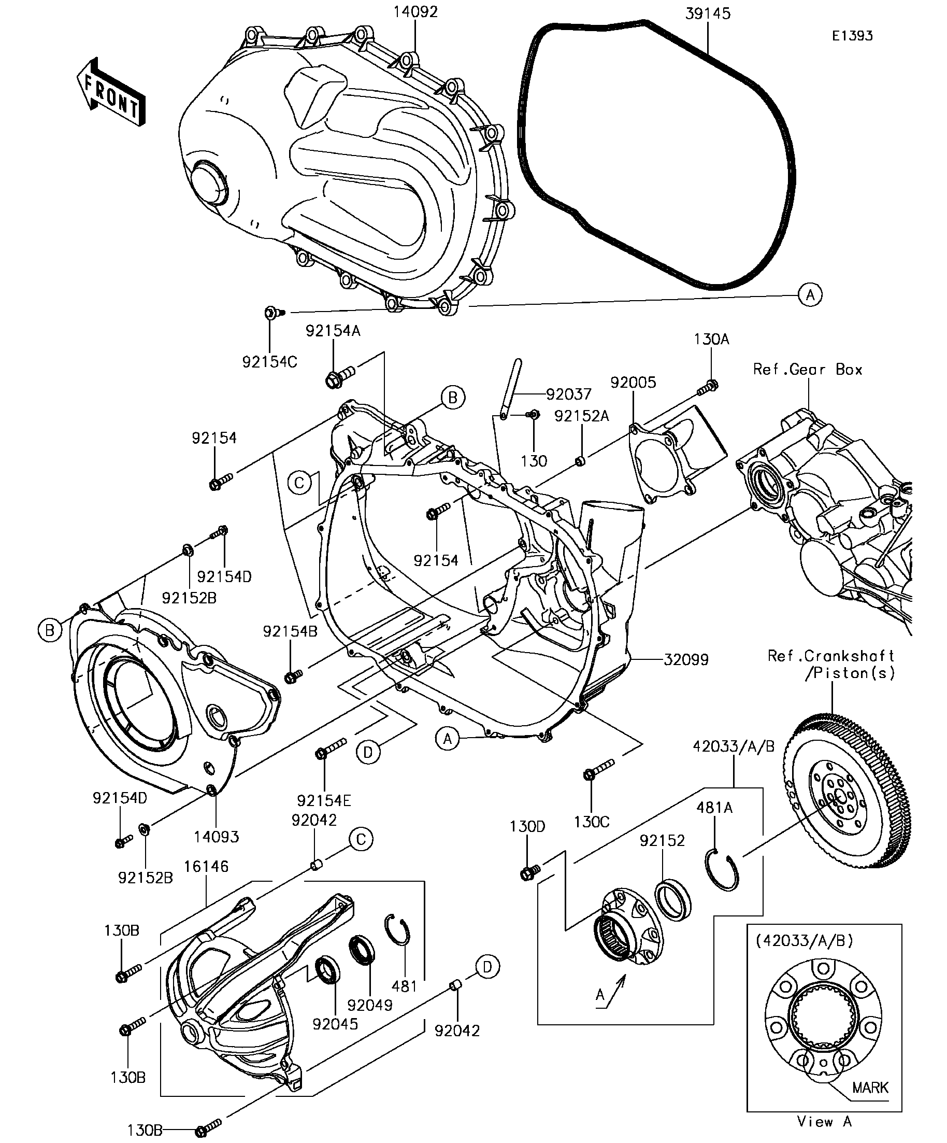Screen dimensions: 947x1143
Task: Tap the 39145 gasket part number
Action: point(708,13)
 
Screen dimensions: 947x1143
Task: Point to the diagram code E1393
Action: point(852,36)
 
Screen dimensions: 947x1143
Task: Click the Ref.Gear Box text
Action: point(808,370)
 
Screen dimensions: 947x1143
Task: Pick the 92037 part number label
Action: point(568,394)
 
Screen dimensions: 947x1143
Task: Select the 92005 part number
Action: point(633,383)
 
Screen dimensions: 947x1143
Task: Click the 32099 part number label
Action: point(686,660)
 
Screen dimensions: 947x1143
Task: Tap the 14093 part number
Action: point(216,837)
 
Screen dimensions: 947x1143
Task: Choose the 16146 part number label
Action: point(206,867)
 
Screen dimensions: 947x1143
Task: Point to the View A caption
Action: point(824,1121)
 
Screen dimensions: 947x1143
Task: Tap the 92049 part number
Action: point(370,1005)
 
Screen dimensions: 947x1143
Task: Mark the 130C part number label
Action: point(592,821)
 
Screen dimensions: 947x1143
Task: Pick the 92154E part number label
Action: point(324,801)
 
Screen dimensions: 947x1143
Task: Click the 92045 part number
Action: point(335,1024)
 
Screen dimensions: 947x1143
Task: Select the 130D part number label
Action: point(527,826)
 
